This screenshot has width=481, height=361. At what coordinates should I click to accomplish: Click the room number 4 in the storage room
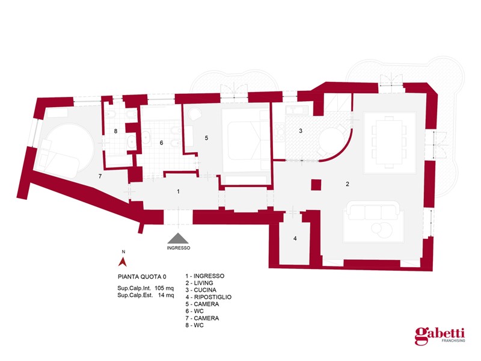click(295, 238)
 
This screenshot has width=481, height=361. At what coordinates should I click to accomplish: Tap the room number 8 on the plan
click(115, 131)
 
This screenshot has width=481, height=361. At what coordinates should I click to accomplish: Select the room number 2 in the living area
click(348, 184)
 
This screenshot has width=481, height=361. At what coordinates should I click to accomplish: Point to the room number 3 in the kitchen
click(301, 131)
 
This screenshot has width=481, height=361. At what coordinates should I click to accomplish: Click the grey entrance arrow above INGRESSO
click(178, 238)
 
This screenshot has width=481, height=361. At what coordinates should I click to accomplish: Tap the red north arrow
click(123, 262)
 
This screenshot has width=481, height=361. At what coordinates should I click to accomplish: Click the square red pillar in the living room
click(316, 185)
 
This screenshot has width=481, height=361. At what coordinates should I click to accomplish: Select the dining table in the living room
click(389, 142)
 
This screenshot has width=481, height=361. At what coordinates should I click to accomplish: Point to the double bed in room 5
click(245, 141)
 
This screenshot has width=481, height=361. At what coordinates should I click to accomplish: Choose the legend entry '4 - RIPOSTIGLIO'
click(208, 297)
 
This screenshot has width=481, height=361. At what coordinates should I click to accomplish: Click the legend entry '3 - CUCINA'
click(201, 290)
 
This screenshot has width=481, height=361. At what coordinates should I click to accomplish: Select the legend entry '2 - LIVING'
click(199, 283)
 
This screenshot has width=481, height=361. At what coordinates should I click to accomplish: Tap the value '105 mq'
click(164, 288)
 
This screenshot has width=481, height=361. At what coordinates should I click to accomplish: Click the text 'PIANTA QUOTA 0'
click(142, 277)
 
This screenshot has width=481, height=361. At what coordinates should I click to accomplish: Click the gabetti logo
click(440, 336)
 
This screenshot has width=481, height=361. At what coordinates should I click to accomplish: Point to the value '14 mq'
click(166, 295)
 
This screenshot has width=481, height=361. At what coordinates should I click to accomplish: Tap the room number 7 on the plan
click(100, 176)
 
